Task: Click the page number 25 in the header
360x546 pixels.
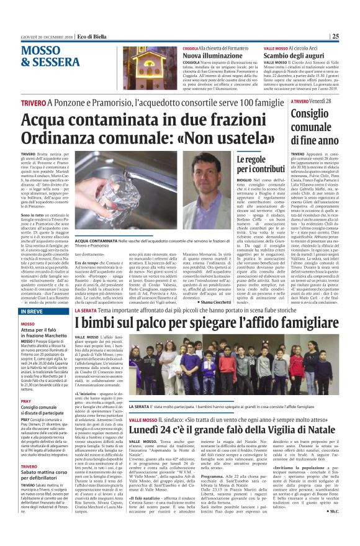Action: coord(352,36)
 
